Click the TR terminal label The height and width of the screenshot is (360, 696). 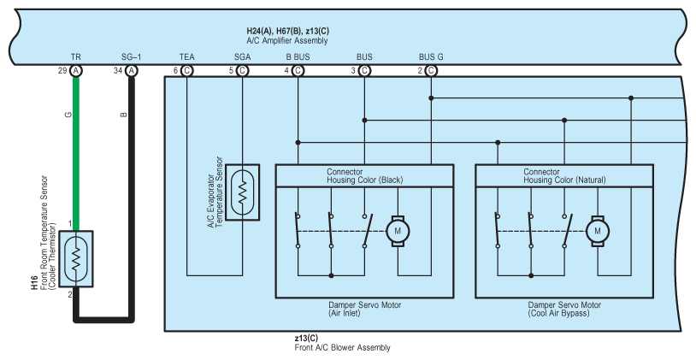[76, 56]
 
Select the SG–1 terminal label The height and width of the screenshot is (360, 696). [132, 56]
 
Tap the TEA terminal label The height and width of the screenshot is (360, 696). [187, 56]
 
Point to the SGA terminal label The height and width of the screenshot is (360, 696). [242, 56]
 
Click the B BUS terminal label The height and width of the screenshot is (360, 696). [298, 56]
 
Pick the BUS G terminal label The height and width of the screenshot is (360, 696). [431, 56]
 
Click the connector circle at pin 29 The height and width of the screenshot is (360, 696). [76, 71]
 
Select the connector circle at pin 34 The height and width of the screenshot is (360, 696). [132, 71]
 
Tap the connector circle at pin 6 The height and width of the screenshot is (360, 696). [187, 71]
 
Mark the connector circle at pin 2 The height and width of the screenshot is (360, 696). [431, 71]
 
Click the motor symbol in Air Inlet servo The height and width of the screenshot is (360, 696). [398, 231]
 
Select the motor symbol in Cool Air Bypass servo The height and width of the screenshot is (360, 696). [598, 231]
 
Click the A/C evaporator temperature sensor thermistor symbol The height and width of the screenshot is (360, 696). [242, 192]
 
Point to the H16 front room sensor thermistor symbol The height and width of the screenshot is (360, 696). [76, 259]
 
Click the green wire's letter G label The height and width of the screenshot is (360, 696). [68, 115]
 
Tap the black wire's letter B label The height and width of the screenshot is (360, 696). [124, 115]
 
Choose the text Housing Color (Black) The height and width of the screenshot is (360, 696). [365, 180]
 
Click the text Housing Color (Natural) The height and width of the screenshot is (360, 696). [564, 180]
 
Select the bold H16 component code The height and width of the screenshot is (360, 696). [34, 283]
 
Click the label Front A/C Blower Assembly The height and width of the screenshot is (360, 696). [342, 347]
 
